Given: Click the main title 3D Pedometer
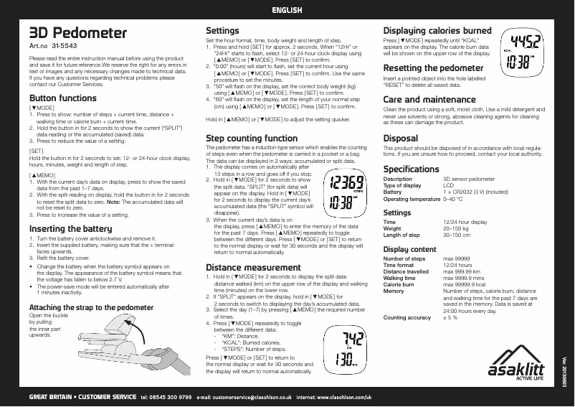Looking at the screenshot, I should pyautogui.click(x=77, y=34).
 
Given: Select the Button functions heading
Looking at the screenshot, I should pyautogui.click(x=62, y=98).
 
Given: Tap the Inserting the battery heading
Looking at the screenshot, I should pyautogui.click(x=70, y=229).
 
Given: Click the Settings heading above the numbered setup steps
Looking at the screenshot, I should pyautogui.click(x=222, y=32).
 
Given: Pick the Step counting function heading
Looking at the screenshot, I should pyautogui.click(x=252, y=138).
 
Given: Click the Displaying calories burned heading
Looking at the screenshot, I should pyautogui.click(x=437, y=32).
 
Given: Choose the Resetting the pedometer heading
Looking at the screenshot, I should pyautogui.click(x=434, y=67).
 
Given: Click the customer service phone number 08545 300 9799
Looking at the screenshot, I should pyautogui.click(x=166, y=397).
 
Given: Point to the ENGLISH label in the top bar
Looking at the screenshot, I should pyautogui.click(x=287, y=9).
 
